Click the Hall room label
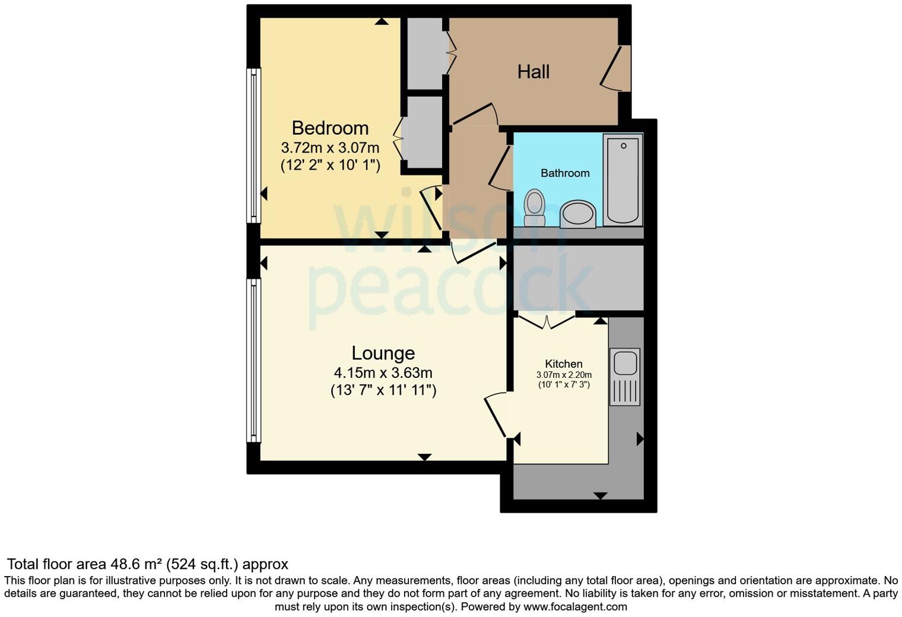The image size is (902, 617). (533, 72)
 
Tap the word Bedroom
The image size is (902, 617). (330, 128)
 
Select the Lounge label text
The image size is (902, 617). (383, 353)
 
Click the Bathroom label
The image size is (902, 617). (565, 173)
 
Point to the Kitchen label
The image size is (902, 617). (564, 364)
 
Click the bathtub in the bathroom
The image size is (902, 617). (622, 179)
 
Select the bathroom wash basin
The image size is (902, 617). (578, 214)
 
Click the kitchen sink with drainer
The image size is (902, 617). (625, 377)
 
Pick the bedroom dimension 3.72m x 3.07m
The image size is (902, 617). (330, 147)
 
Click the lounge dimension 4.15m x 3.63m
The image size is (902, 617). (383, 373)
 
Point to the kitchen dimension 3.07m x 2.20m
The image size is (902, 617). (564, 375)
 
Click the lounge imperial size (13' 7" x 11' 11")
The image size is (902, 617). (383, 390)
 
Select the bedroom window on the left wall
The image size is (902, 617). (253, 145)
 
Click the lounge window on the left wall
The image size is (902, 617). (253, 361)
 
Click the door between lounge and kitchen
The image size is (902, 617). (497, 415)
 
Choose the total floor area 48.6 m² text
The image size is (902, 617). (147, 564)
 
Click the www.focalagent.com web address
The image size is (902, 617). (574, 607)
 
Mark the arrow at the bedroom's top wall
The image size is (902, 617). (382, 21)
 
